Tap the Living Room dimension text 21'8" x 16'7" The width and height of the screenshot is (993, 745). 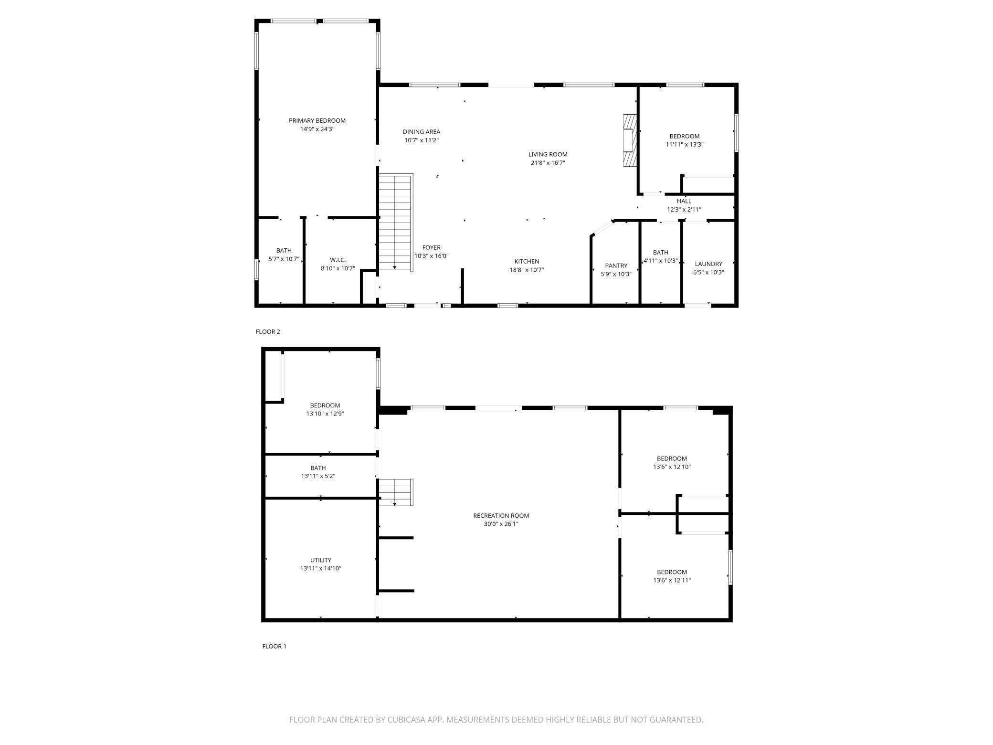548,163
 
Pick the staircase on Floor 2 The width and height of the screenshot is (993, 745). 395,223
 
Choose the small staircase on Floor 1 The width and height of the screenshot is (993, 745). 396,492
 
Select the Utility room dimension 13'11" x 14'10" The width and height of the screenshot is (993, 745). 320,568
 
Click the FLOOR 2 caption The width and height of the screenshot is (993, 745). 268,331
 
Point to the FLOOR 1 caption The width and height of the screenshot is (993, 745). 274,646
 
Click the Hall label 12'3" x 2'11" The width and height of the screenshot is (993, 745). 684,205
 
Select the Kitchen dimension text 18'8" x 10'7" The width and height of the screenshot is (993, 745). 527,270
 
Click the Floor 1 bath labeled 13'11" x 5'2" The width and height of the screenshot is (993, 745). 318,472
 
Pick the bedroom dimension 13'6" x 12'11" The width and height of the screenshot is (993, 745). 672,580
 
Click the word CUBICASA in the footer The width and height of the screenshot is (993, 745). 407,719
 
